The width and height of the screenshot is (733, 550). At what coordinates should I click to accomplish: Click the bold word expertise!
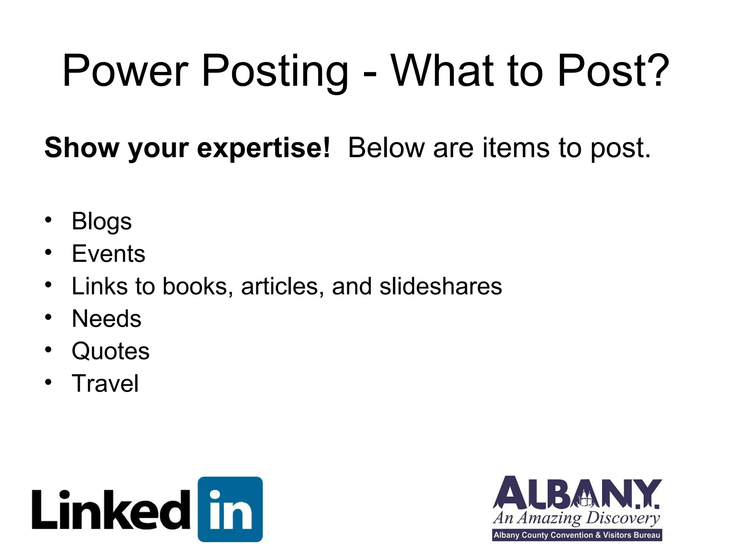(263, 148)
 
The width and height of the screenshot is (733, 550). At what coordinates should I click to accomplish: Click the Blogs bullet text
(102, 222)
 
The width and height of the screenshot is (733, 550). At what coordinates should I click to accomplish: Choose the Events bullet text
(108, 254)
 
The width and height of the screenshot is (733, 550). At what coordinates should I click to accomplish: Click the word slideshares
(441, 286)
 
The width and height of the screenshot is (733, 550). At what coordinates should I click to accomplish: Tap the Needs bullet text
(107, 318)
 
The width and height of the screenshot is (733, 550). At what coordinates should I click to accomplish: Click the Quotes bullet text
(111, 351)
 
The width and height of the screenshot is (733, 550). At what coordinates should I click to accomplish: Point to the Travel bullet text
(105, 383)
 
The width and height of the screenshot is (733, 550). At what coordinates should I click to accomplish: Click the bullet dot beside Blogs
(48, 220)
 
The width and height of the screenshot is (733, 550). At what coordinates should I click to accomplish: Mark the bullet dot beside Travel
(48, 382)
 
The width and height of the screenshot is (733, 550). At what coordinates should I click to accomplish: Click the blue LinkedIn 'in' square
(230, 509)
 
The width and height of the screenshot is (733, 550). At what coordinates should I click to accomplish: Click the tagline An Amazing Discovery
(576, 518)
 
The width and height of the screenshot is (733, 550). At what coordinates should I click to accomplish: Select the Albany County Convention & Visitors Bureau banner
(577, 535)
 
